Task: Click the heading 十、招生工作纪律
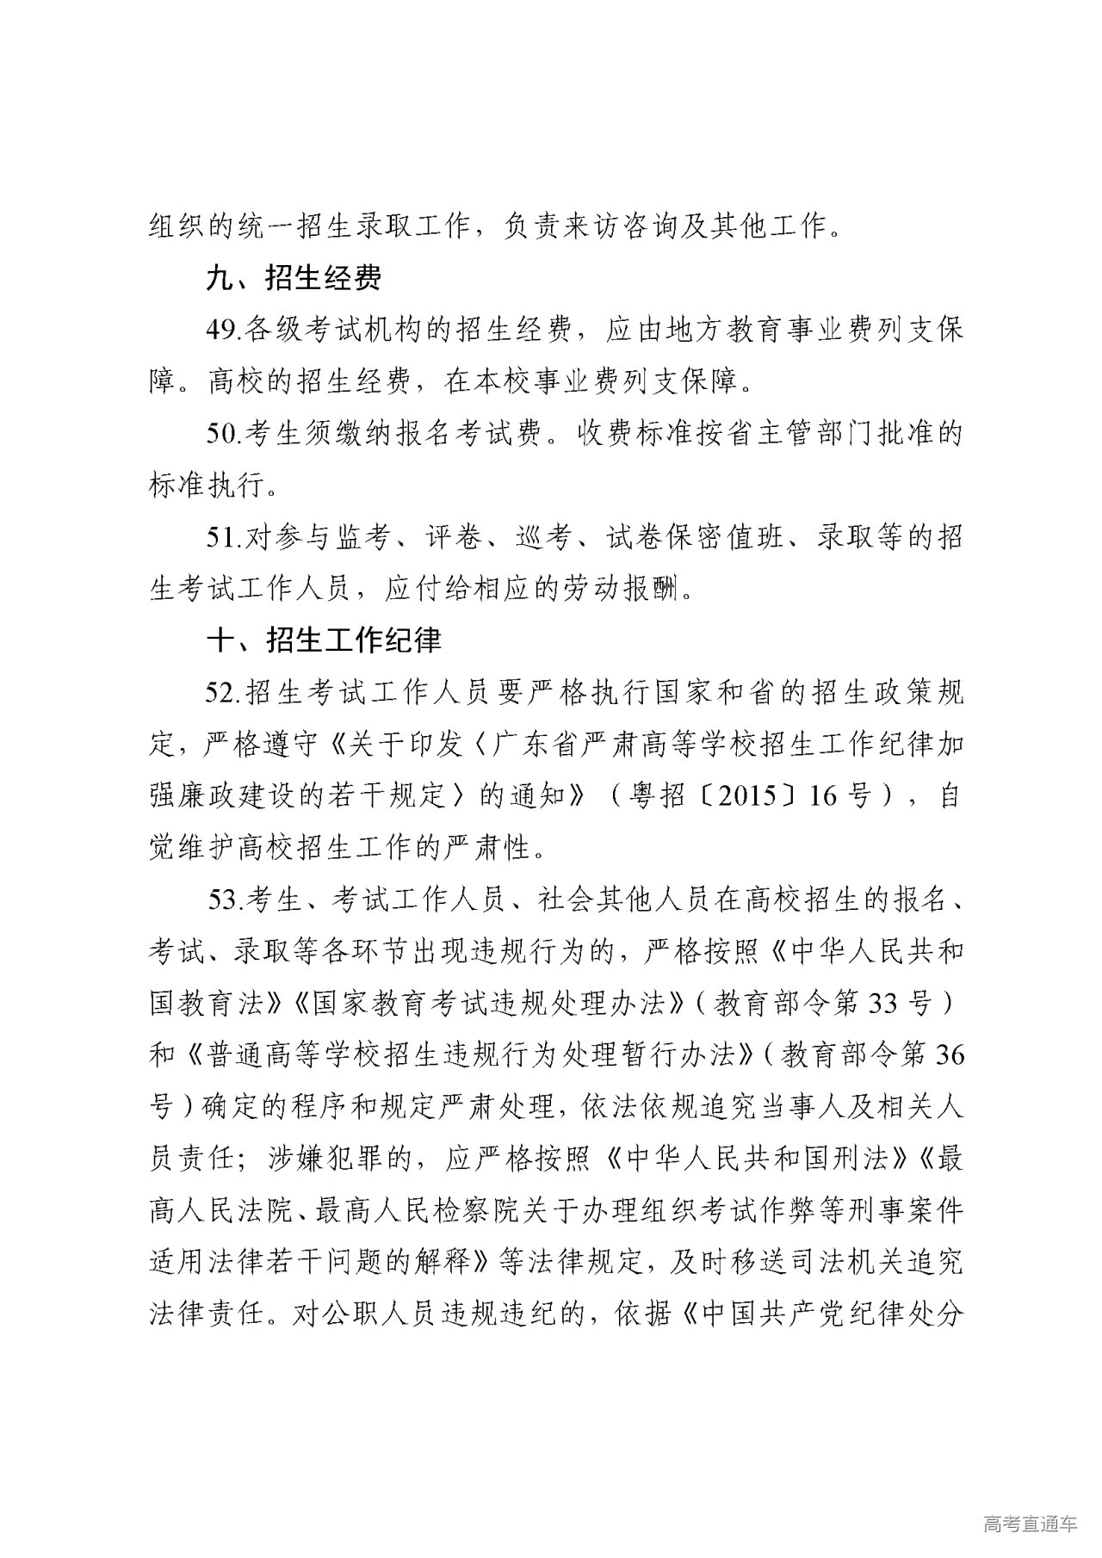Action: click(323, 640)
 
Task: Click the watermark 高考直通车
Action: click(1029, 1524)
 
